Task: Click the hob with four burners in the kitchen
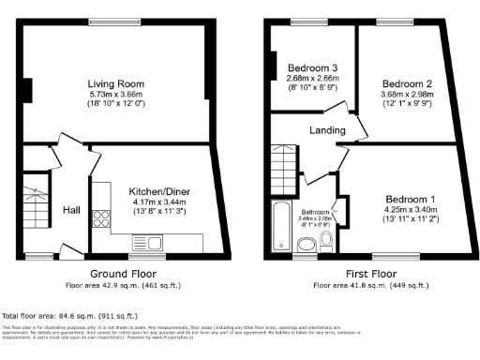point(99,220)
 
